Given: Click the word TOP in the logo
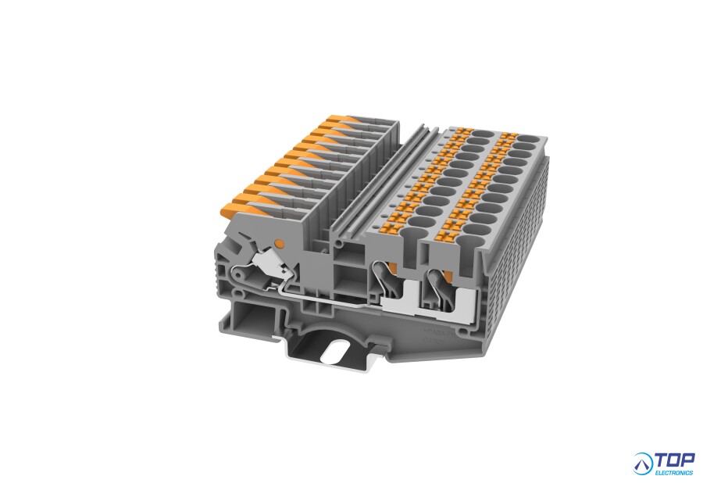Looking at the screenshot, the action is [x=675, y=460].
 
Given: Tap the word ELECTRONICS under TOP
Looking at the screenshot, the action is [x=674, y=473].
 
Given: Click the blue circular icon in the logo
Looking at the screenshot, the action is [x=644, y=464].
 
